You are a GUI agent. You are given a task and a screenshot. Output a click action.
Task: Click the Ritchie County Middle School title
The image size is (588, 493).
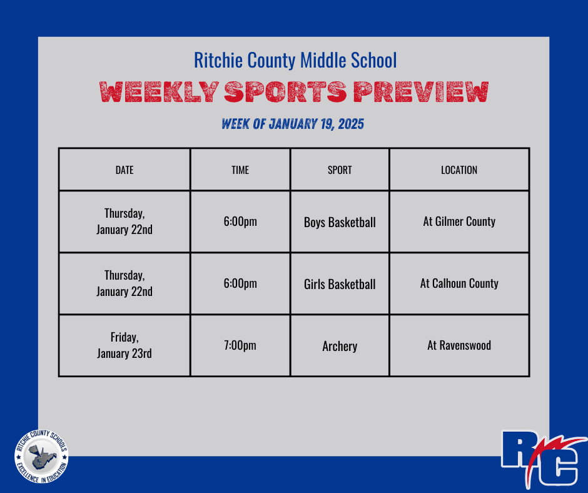(x=295, y=61)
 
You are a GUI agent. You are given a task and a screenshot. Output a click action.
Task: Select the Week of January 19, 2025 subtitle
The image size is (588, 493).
(x=293, y=124)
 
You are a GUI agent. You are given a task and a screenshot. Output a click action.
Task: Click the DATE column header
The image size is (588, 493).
(x=124, y=170)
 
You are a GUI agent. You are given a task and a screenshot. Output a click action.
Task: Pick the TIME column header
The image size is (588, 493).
(x=240, y=170)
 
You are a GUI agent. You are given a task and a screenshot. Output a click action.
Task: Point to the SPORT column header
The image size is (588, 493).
(x=340, y=170)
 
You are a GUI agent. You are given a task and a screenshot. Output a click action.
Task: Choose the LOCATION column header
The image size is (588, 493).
(x=459, y=170)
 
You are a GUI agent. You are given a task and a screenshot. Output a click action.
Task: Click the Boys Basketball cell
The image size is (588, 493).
(x=340, y=222)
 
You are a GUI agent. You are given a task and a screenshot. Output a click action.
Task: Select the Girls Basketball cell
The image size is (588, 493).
(x=340, y=284)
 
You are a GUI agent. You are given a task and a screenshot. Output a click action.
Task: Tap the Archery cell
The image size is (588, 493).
(x=340, y=346)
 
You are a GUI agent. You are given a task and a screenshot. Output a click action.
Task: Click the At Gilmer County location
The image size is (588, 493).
(x=459, y=221)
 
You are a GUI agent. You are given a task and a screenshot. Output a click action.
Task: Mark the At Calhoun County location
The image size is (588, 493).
(x=459, y=283)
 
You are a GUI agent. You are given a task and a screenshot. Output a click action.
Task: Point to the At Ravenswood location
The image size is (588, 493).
(x=459, y=345)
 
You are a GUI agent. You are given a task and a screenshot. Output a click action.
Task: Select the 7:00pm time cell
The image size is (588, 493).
(x=240, y=345)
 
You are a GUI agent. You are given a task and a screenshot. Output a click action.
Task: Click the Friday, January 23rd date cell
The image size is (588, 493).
(x=124, y=345)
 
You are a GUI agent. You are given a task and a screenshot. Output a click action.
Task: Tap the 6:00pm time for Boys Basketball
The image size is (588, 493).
(x=240, y=221)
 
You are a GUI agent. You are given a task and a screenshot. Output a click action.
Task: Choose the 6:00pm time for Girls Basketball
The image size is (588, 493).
(x=240, y=283)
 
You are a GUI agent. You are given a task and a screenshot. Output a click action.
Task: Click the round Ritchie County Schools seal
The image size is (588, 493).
(x=41, y=455)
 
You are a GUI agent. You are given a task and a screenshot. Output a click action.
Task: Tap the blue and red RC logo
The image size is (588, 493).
(x=542, y=457)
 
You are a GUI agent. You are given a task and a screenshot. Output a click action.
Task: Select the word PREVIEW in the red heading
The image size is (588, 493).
(x=420, y=93)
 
